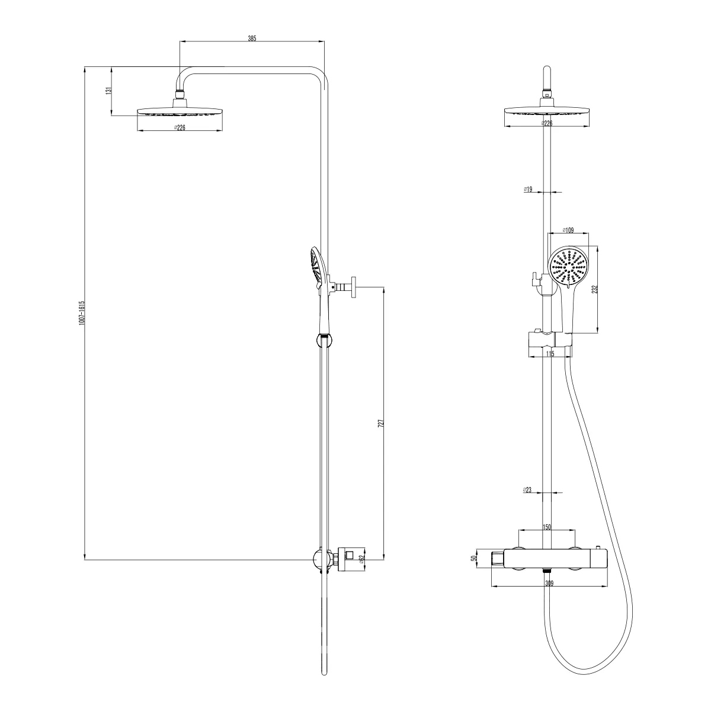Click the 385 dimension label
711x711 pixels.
[252, 39]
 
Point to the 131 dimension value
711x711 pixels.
[108, 91]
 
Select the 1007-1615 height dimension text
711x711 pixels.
[82, 312]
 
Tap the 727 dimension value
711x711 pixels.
[381, 423]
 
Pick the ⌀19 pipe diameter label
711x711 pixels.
[528, 189]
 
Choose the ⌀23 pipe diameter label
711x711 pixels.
[527, 490]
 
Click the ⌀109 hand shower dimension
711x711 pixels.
[568, 230]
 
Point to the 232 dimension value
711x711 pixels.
[594, 289]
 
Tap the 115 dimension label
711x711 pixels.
[550, 354]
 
